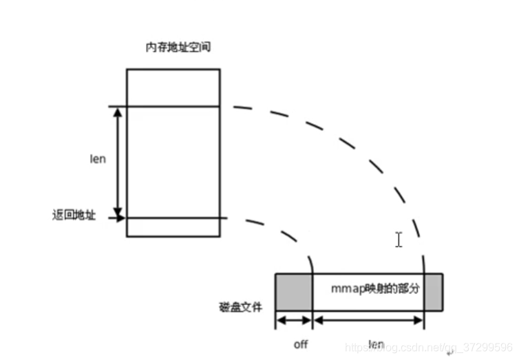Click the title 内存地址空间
[173, 48]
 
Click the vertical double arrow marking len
[118, 162]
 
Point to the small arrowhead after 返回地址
[122, 218]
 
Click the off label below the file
[301, 344]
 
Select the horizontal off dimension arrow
[294, 320]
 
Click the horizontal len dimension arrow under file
[368, 320]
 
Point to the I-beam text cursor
[399, 240]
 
